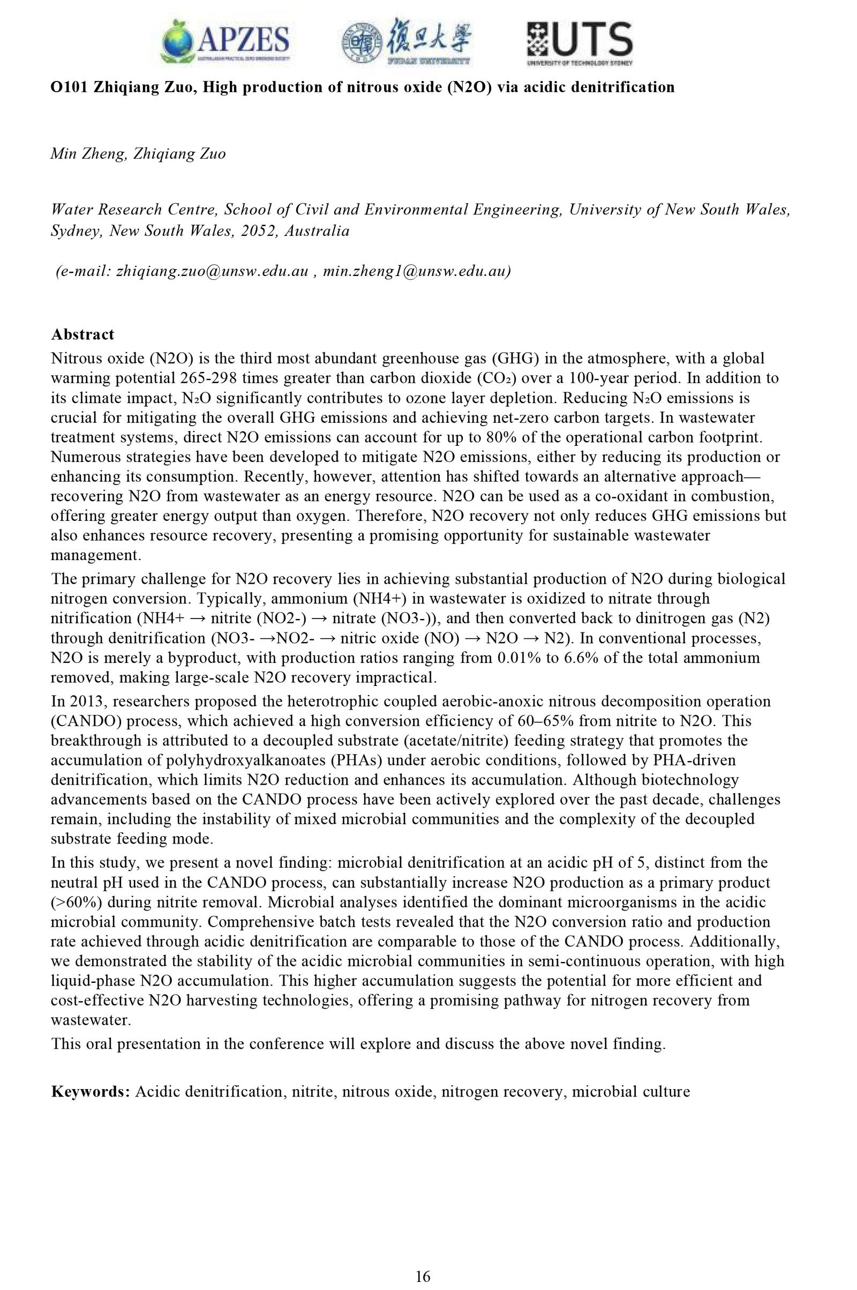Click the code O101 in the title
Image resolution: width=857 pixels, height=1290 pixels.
[70, 87]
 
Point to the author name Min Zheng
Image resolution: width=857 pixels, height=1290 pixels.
[87, 154]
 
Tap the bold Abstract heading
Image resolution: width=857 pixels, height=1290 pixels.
[82, 334]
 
